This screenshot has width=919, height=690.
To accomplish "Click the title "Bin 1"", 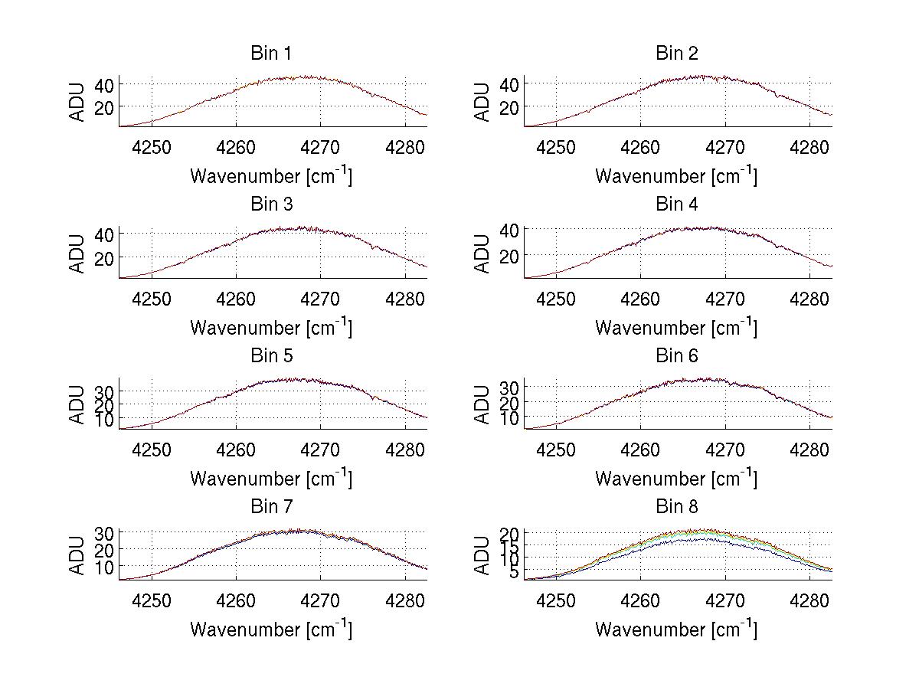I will coord(271,54).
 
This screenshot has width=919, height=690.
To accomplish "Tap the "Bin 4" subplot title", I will coord(677,204).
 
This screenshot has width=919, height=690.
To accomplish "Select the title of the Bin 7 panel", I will coord(271,507).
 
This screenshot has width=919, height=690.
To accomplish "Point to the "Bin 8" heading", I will coord(677,507).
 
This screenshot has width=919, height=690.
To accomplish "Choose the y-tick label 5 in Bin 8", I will coord(515,572).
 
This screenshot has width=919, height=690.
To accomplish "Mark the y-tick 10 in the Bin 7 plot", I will coord(105,567).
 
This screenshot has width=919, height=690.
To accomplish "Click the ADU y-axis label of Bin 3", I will coord(77,253).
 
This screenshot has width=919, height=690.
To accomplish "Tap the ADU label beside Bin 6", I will coord(482,404).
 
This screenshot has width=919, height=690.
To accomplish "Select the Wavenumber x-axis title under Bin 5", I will coord(271,479).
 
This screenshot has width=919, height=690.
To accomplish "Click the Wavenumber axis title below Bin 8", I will coord(676,630).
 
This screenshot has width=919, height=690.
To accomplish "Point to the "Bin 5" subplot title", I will coord(271,356).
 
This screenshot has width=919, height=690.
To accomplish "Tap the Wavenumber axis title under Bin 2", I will coord(676,176).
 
